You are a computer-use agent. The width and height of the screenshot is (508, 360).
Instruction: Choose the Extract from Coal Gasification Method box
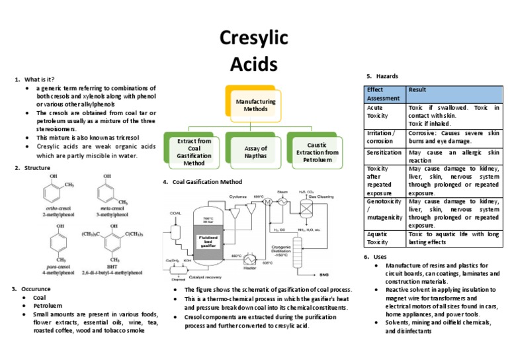tap(194, 152)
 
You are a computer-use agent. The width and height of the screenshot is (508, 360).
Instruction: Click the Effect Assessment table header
tap(384, 93)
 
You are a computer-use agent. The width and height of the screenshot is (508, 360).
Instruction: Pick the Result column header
tap(417, 89)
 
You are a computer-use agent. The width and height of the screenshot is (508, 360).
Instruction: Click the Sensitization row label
tap(384, 152)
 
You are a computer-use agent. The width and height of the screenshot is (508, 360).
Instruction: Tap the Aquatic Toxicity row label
tap(379, 238)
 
